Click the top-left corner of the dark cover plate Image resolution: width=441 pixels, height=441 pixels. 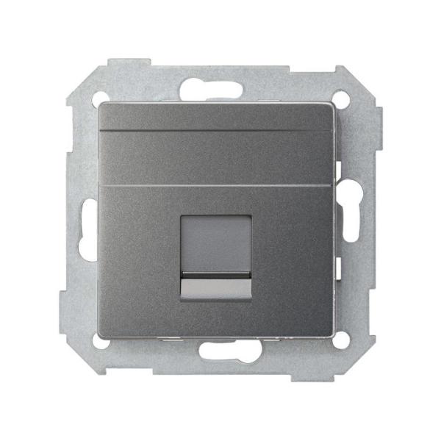(98, 104)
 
